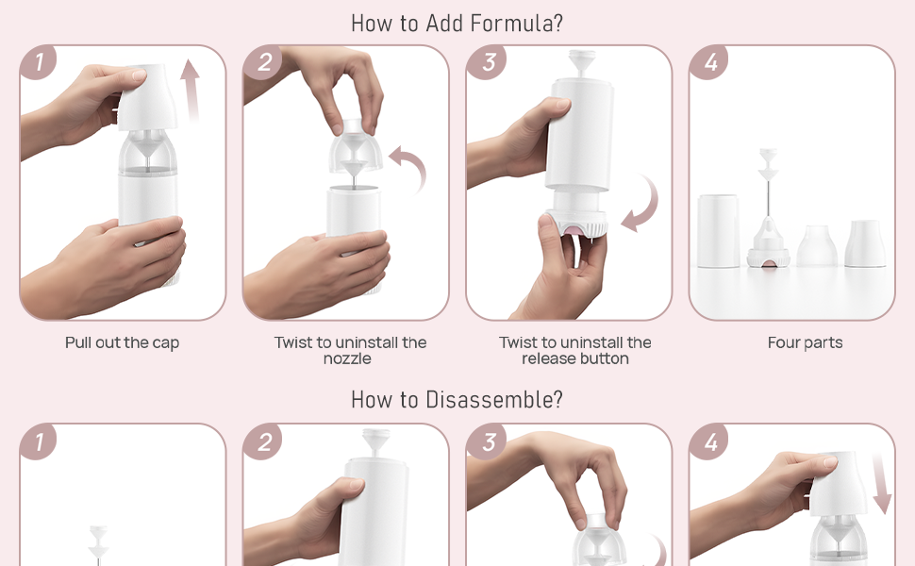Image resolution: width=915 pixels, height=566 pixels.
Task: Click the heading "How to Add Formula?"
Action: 457,23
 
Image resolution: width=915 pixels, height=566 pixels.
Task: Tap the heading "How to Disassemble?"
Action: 457,399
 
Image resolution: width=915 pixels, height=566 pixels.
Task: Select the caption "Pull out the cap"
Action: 123,343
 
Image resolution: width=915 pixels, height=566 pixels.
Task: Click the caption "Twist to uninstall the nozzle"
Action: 350,350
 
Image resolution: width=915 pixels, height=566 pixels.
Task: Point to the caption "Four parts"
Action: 805,343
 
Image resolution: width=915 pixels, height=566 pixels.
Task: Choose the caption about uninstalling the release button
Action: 574,350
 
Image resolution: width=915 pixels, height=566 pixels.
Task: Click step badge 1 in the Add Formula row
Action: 39,63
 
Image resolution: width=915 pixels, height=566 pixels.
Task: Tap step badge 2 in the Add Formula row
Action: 262,63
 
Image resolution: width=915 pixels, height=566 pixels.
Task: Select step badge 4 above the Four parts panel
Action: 709,63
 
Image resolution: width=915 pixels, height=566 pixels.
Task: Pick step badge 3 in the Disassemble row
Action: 486,441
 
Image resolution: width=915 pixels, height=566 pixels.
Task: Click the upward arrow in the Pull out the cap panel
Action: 192,90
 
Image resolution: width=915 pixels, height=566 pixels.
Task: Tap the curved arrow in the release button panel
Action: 641,203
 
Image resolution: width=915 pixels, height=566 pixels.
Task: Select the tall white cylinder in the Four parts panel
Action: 718,231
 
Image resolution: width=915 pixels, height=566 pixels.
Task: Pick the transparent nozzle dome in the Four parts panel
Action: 817,246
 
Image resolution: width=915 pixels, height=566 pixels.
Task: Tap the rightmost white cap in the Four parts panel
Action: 864,244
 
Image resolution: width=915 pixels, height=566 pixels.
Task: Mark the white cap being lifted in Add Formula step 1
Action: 147,97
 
